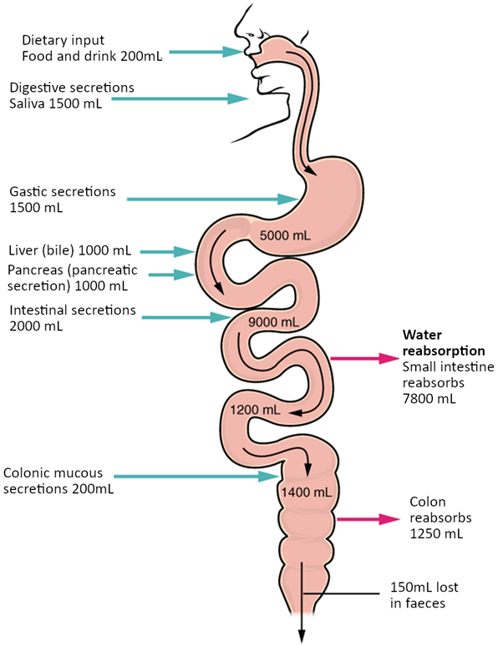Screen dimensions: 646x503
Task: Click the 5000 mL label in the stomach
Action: click(x=286, y=235)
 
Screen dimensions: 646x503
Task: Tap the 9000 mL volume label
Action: click(x=273, y=322)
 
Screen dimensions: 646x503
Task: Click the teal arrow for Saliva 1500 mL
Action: click(x=180, y=98)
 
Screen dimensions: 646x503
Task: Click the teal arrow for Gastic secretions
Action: click(x=213, y=199)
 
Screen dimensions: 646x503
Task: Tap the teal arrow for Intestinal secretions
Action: click(x=185, y=317)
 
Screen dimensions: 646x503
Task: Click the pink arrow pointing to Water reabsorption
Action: click(x=364, y=358)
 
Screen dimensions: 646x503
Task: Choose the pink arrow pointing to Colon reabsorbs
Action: click(x=368, y=518)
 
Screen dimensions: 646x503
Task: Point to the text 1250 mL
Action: click(x=432, y=532)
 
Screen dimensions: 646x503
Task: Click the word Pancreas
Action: click(x=36, y=270)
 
